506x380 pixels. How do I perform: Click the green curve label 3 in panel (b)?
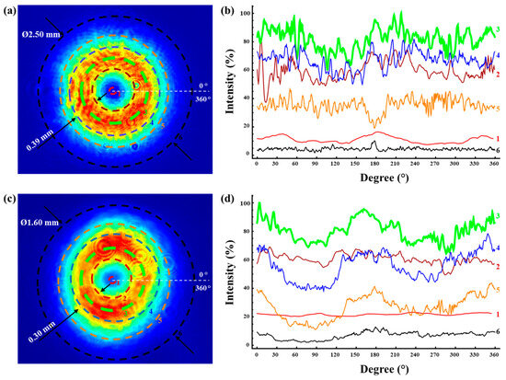[497, 29]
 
